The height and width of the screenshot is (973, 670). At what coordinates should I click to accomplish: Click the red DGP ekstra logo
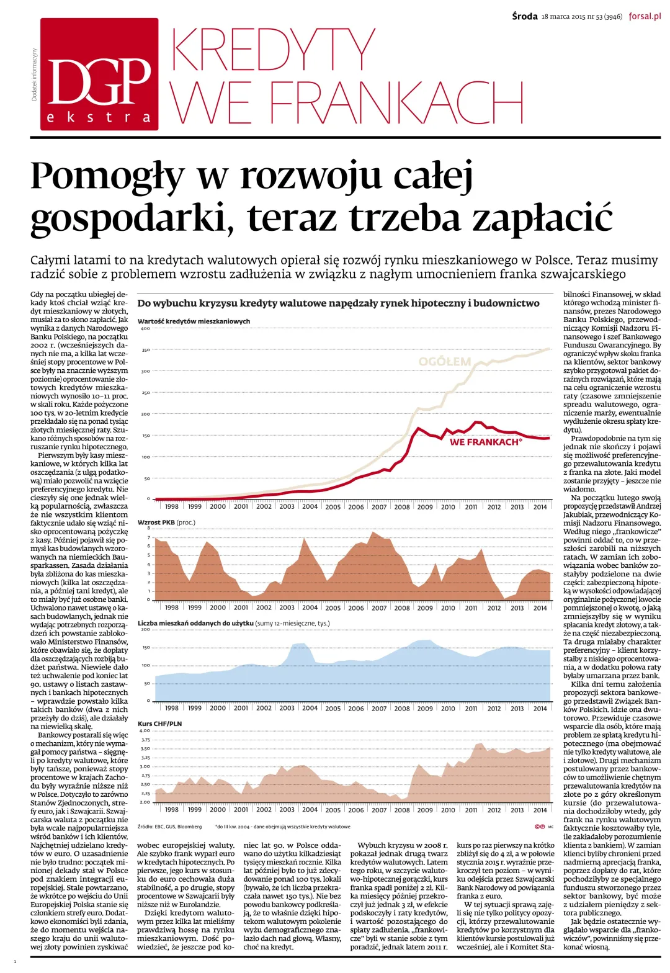pyautogui.click(x=99, y=74)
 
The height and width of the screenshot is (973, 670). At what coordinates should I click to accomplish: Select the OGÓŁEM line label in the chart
pyautogui.click(x=444, y=361)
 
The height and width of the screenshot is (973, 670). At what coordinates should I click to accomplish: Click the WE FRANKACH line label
pyautogui.click(x=486, y=442)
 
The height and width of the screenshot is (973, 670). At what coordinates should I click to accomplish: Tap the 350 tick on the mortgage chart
pyautogui.click(x=145, y=350)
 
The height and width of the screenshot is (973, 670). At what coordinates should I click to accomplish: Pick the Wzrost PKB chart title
pyautogui.click(x=166, y=522)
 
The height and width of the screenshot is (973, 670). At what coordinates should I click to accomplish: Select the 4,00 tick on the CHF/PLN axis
pyautogui.click(x=145, y=730)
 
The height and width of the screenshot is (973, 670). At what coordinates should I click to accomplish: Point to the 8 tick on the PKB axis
pyautogui.click(x=148, y=528)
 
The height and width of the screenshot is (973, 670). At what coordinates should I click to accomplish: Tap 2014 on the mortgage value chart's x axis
pyautogui.click(x=540, y=506)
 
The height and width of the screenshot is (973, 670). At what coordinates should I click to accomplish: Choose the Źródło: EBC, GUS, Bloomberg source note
pyautogui.click(x=169, y=827)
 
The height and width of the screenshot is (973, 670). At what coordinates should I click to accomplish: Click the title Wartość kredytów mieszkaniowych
pyautogui.click(x=194, y=321)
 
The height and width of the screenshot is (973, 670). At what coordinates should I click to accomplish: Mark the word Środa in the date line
pyautogui.click(x=525, y=17)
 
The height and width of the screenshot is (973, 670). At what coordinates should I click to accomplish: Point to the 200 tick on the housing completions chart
pyautogui.click(x=145, y=629)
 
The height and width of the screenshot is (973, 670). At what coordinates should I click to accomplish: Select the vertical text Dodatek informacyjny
pyautogui.click(x=34, y=74)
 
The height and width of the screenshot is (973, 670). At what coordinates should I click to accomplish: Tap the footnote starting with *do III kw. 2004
pyautogui.click(x=282, y=827)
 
